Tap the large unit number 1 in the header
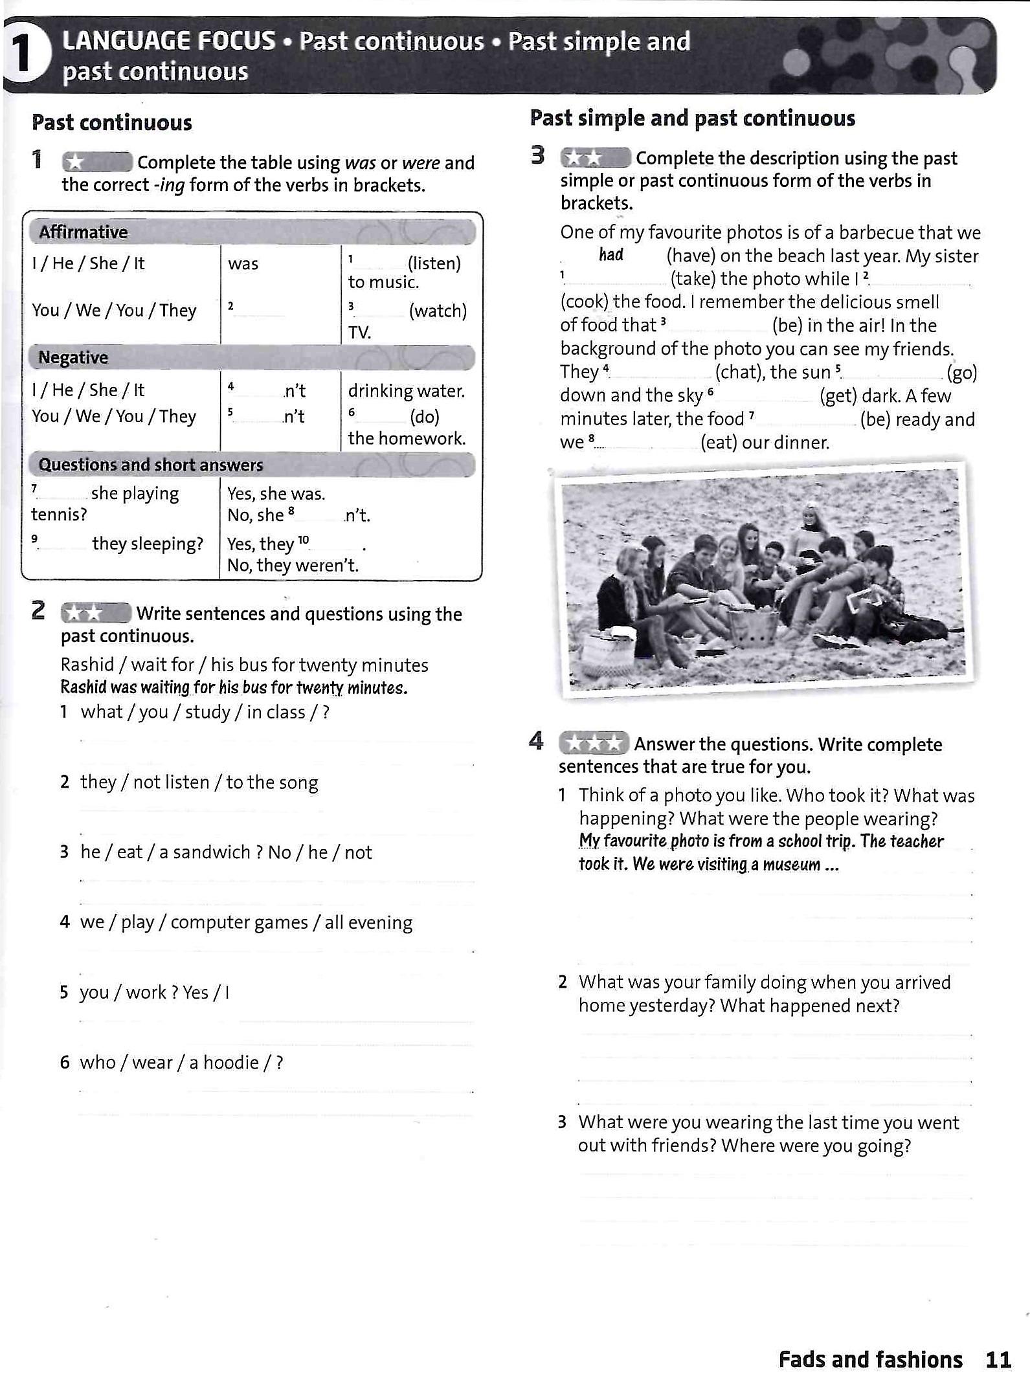pyautogui.click(x=23, y=54)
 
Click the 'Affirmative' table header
pyautogui.click(x=83, y=232)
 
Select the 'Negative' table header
pyautogui.click(x=73, y=357)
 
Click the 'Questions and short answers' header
pyautogui.click(x=151, y=465)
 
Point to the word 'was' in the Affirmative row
pyautogui.click(x=243, y=264)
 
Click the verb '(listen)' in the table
pyautogui.click(x=434, y=263)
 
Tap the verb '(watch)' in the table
pyautogui.click(x=438, y=311)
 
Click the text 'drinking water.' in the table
pyautogui.click(x=407, y=391)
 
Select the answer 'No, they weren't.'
pyautogui.click(x=293, y=566)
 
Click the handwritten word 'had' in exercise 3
pyautogui.click(x=610, y=255)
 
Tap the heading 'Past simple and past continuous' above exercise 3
pyautogui.click(x=692, y=118)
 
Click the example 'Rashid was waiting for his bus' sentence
pyautogui.click(x=234, y=687)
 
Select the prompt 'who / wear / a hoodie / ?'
pyautogui.click(x=181, y=1063)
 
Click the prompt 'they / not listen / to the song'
pyautogui.click(x=199, y=782)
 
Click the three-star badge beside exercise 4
pyautogui.click(x=593, y=743)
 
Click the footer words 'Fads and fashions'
pyautogui.click(x=870, y=1360)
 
